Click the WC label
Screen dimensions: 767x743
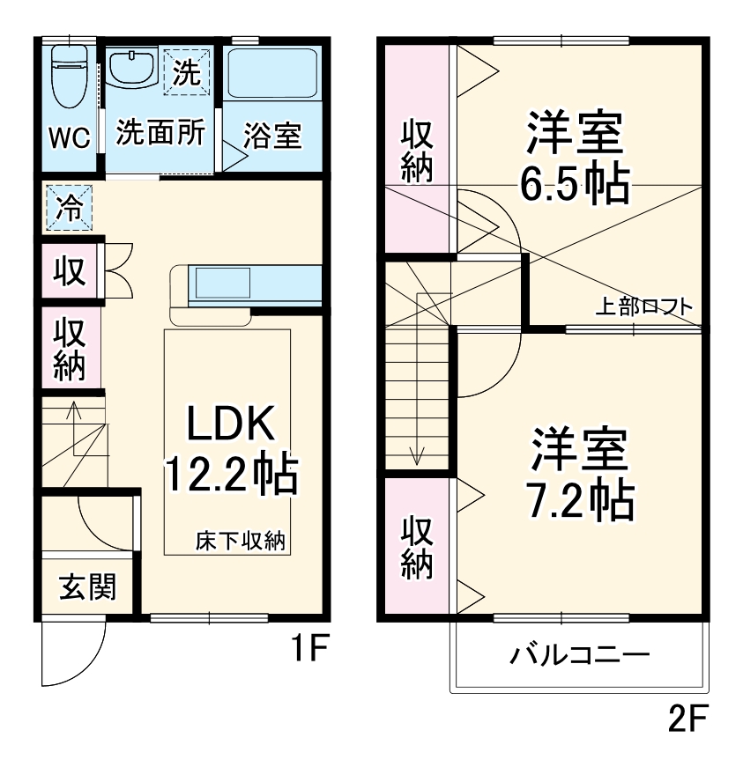point(68,139)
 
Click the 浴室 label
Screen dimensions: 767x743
point(272,137)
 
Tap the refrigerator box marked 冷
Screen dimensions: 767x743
point(67,209)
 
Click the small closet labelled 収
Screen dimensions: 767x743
point(70,272)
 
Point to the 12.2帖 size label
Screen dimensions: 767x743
point(231,476)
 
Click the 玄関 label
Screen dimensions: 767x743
point(87,586)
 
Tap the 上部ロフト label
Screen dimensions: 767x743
point(644,306)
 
